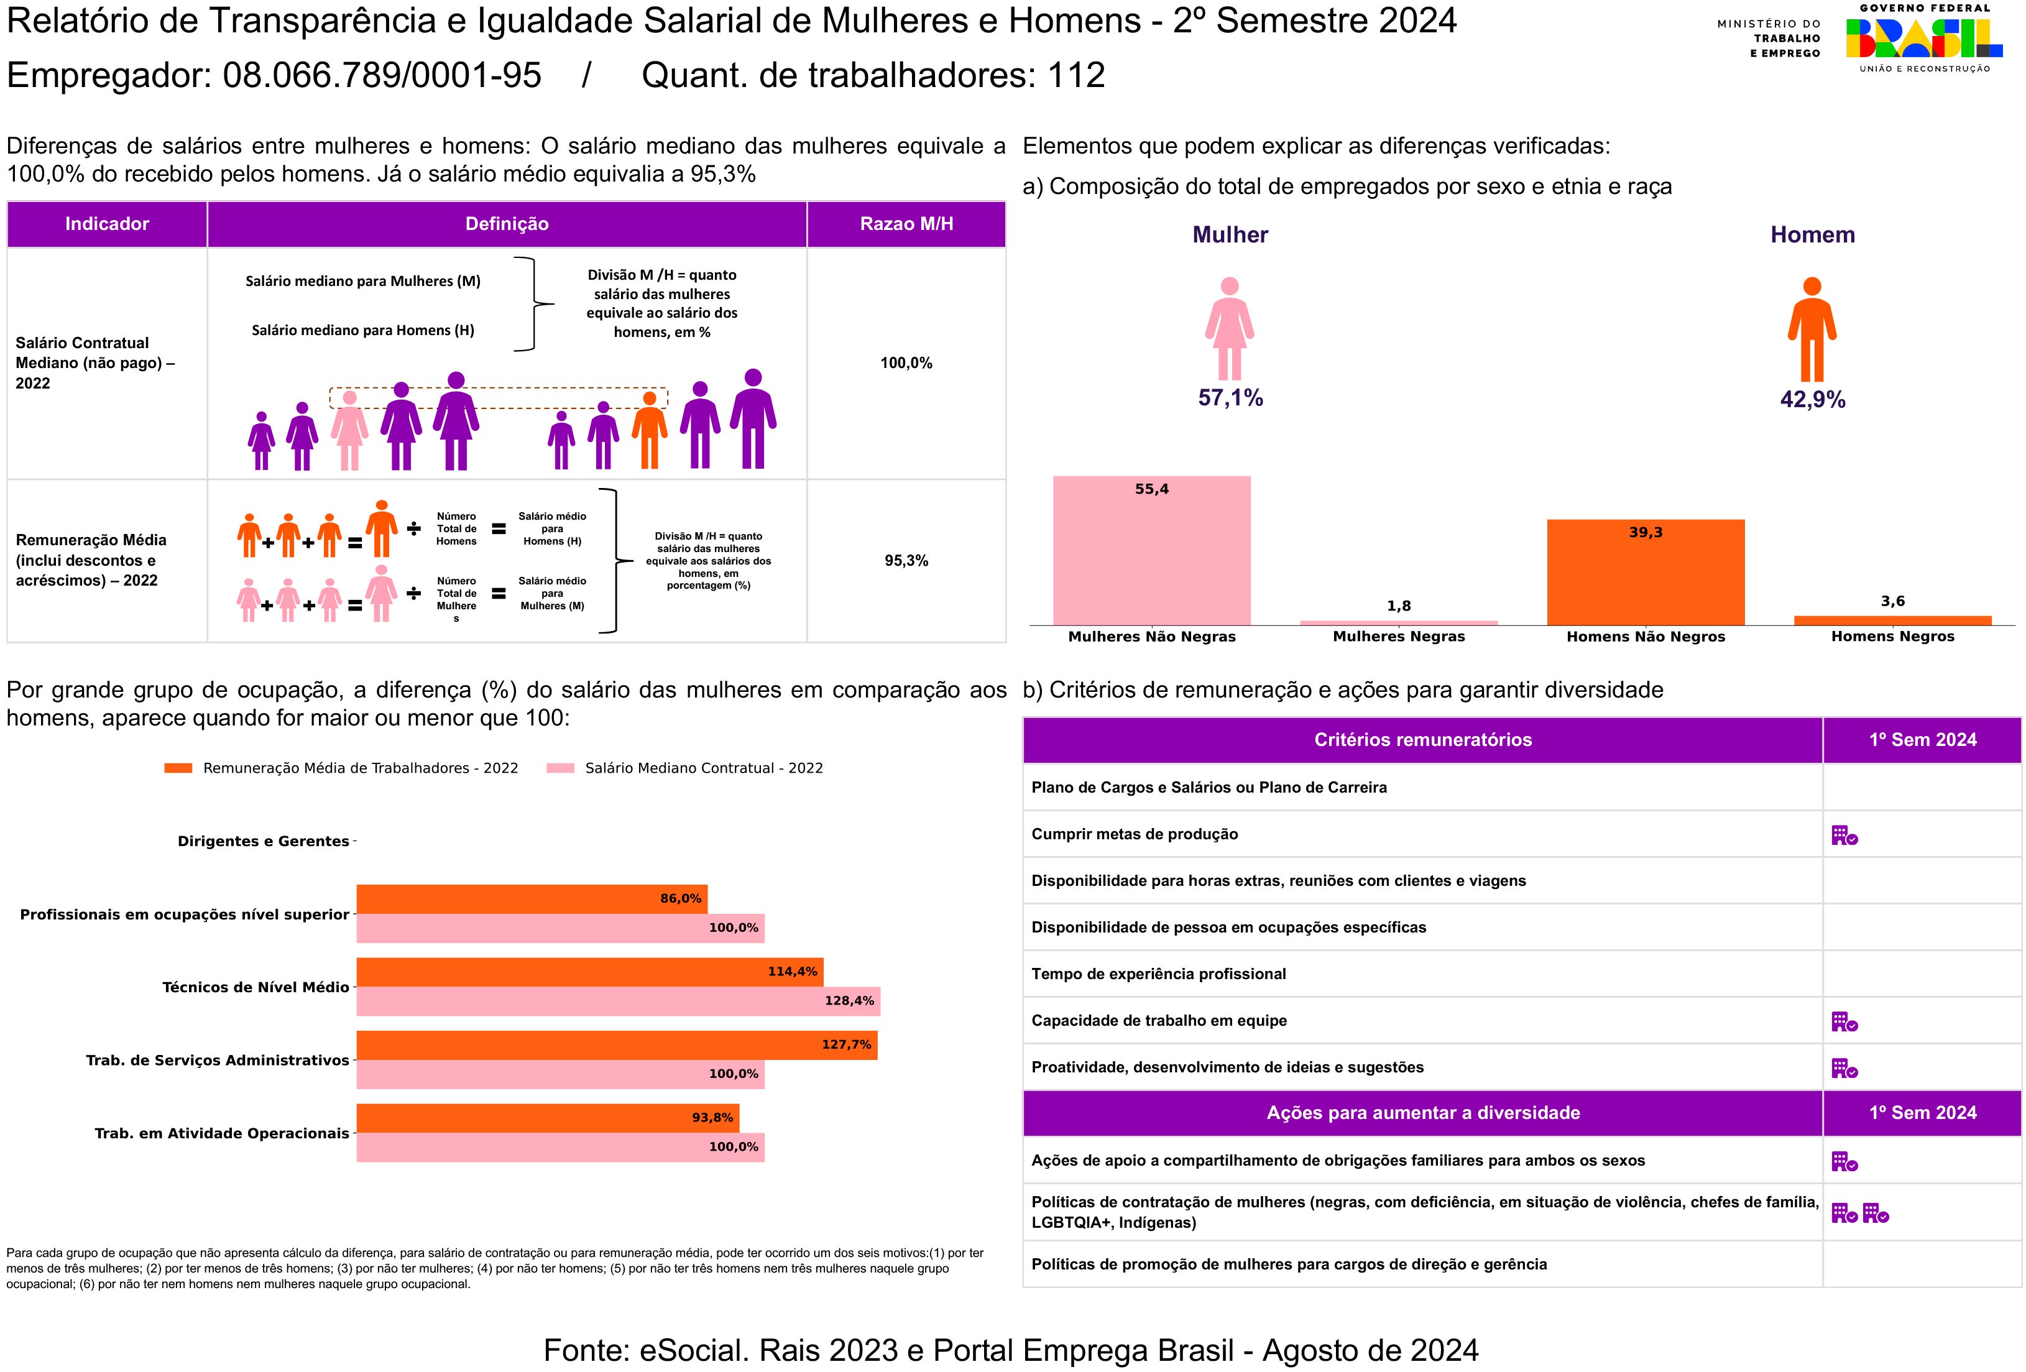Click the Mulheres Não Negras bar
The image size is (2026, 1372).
[x=1151, y=550]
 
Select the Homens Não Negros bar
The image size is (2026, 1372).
[x=1645, y=572]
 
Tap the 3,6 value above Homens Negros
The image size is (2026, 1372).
[x=1892, y=601]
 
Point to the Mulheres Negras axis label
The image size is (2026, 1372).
[x=1398, y=637]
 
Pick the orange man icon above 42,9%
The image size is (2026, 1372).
[x=1812, y=329]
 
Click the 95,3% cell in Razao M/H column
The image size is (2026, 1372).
[x=906, y=561]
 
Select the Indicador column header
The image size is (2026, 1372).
[x=106, y=224]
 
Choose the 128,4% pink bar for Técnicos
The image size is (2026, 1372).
[x=618, y=1001]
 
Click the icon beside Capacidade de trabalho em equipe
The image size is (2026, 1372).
[x=1844, y=1021]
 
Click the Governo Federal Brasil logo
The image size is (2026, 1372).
[x=1924, y=39]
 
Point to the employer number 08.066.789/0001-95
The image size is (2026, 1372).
[x=382, y=76]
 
